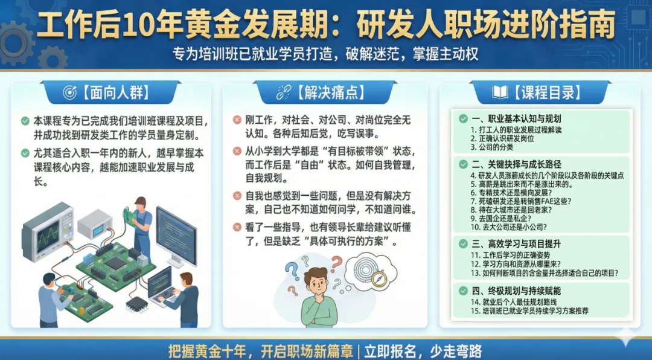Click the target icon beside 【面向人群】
(69, 92)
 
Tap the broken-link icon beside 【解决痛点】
(284, 92)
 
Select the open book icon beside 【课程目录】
(500, 92)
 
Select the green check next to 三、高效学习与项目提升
(463, 243)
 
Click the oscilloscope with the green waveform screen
(48, 231)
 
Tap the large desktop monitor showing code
(176, 236)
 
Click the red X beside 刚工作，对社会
(237, 120)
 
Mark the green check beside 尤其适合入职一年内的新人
(25, 153)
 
